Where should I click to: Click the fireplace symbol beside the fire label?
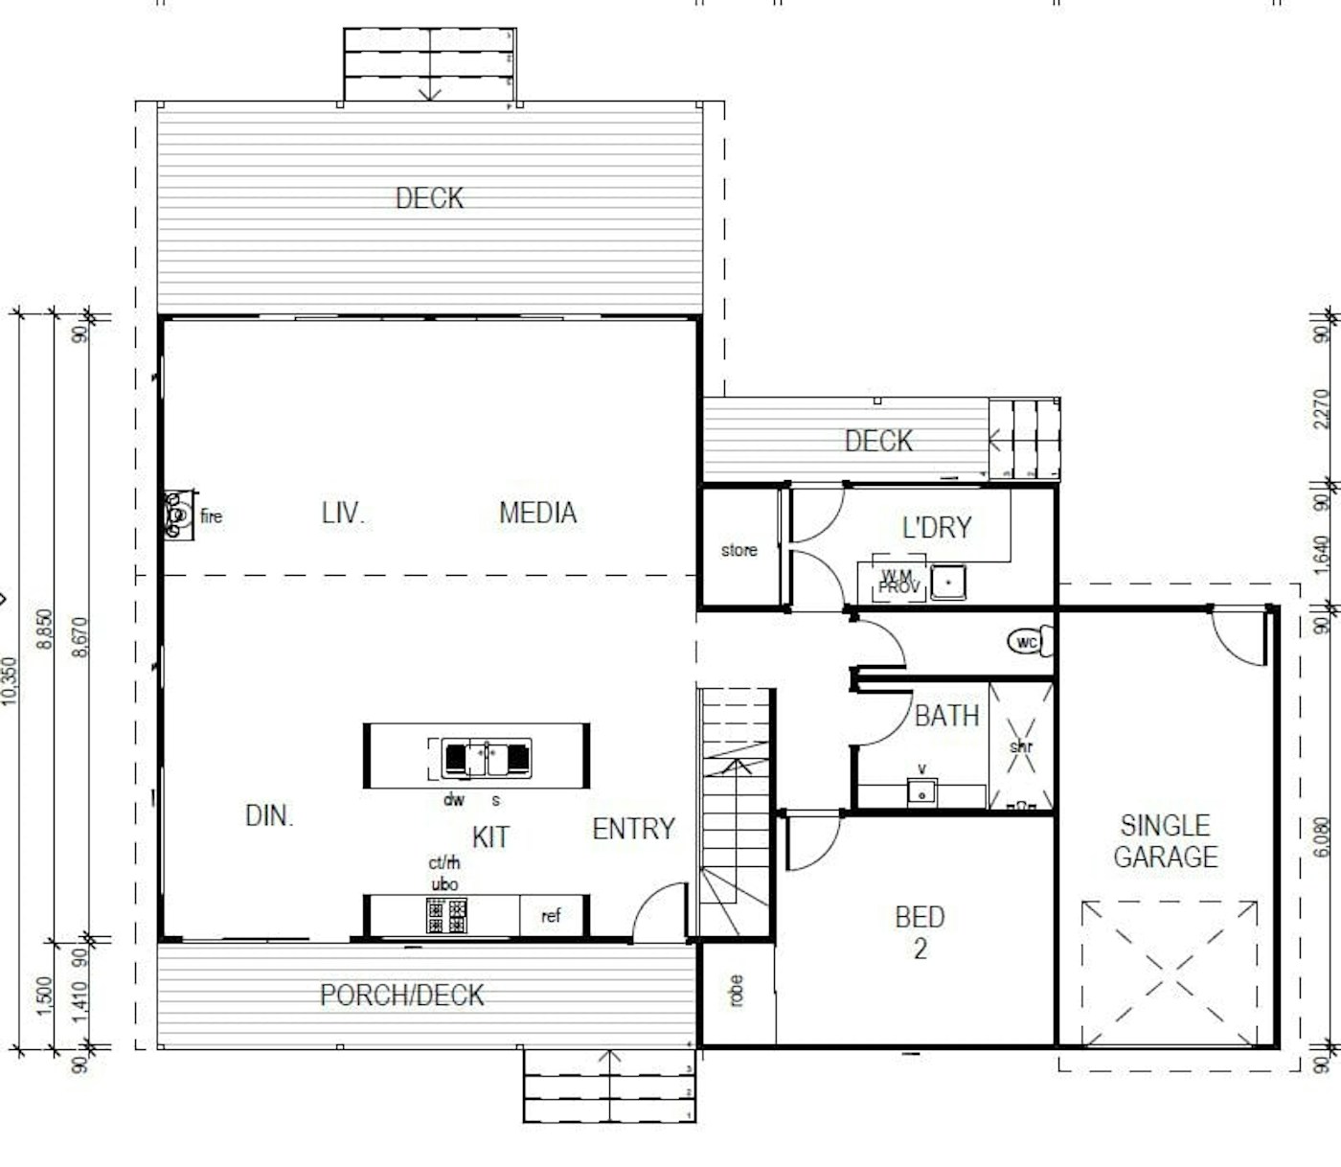[177, 515]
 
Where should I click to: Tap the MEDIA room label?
[537, 513]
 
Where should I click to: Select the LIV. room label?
[343, 513]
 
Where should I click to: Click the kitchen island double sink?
[486, 758]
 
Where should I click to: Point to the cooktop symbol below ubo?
[446, 916]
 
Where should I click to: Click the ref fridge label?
[551, 916]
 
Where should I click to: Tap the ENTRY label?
[633, 829]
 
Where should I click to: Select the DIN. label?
[269, 815]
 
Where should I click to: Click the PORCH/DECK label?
[401, 995]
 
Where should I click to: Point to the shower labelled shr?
[1021, 746]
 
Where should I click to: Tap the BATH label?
[946, 716]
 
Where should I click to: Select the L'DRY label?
[937, 527]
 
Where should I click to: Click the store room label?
[739, 550]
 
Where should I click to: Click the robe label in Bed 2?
[736, 991]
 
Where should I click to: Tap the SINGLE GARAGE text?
[1165, 841]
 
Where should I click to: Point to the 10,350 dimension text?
[10, 681]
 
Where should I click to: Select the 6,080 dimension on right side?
[1322, 836]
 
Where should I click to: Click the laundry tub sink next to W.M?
[947, 582]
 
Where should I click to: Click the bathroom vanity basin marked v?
[921, 791]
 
